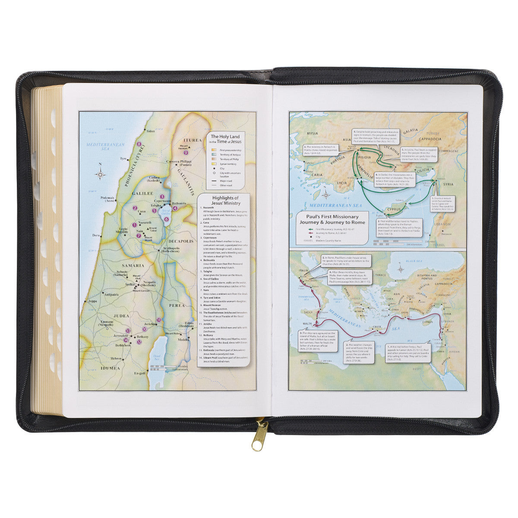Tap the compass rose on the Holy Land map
101,174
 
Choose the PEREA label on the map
177,305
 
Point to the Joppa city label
92,300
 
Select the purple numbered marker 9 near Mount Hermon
186,152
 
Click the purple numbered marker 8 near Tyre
139,144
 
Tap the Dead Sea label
154,356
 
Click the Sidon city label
151,130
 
